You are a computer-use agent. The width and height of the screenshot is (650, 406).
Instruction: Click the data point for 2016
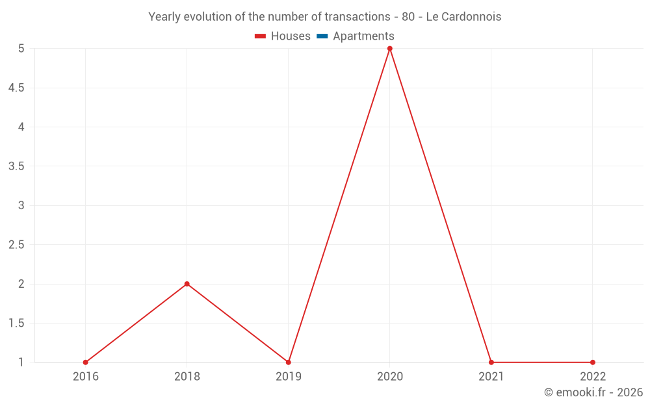point(85,362)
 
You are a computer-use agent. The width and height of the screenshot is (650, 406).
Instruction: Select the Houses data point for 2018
point(187,284)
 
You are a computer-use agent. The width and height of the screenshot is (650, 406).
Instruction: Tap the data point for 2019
point(288,362)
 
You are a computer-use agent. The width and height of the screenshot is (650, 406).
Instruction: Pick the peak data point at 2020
point(390,49)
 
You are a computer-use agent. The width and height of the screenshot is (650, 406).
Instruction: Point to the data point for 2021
point(491,362)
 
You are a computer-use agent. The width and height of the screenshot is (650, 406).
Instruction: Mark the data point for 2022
point(593,362)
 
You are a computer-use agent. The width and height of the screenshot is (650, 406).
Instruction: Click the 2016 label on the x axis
point(86,376)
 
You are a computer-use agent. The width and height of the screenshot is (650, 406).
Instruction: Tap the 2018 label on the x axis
point(187,376)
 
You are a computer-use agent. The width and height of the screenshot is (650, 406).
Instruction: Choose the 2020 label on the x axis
point(390,376)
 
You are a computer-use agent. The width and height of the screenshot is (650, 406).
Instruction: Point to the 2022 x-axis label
point(593,376)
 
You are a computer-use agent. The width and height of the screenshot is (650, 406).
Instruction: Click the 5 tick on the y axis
point(21,49)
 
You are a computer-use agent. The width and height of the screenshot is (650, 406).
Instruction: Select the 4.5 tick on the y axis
point(17,88)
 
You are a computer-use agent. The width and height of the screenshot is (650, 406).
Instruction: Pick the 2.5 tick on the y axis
point(17,245)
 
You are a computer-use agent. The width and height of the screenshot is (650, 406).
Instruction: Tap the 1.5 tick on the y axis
point(17,324)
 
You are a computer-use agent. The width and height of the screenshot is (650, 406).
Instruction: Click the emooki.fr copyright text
point(593,392)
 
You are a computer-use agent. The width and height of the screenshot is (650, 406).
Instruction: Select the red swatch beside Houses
point(261,36)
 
